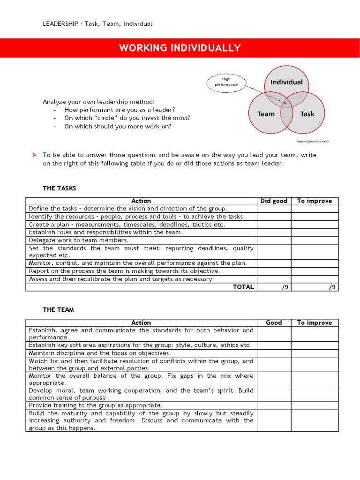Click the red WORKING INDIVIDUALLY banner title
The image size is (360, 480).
tap(180, 48)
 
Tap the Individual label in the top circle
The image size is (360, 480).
tap(286, 82)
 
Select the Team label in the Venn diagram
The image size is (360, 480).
tap(266, 114)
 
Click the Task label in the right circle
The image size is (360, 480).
tap(307, 114)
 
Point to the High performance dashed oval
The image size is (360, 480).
tap(226, 82)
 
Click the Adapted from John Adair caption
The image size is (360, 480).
tap(314, 141)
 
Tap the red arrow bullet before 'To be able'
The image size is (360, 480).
tap(34, 155)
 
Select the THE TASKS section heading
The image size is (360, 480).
tap(59, 188)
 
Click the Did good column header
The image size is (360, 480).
tap(274, 201)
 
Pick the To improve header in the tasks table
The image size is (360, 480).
tap(315, 201)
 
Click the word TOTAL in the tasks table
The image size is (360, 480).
tap(243, 287)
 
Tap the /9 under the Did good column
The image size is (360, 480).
tap(285, 287)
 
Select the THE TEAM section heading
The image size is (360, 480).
tap(58, 310)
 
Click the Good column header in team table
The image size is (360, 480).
tap(274, 322)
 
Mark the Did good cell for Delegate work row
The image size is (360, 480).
tap(274, 240)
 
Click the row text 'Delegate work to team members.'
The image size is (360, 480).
tap(78, 240)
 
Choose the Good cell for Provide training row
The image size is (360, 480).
tap(274, 405)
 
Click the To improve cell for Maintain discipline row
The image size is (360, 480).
tap(315, 353)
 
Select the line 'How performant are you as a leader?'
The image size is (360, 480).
tap(120, 110)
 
